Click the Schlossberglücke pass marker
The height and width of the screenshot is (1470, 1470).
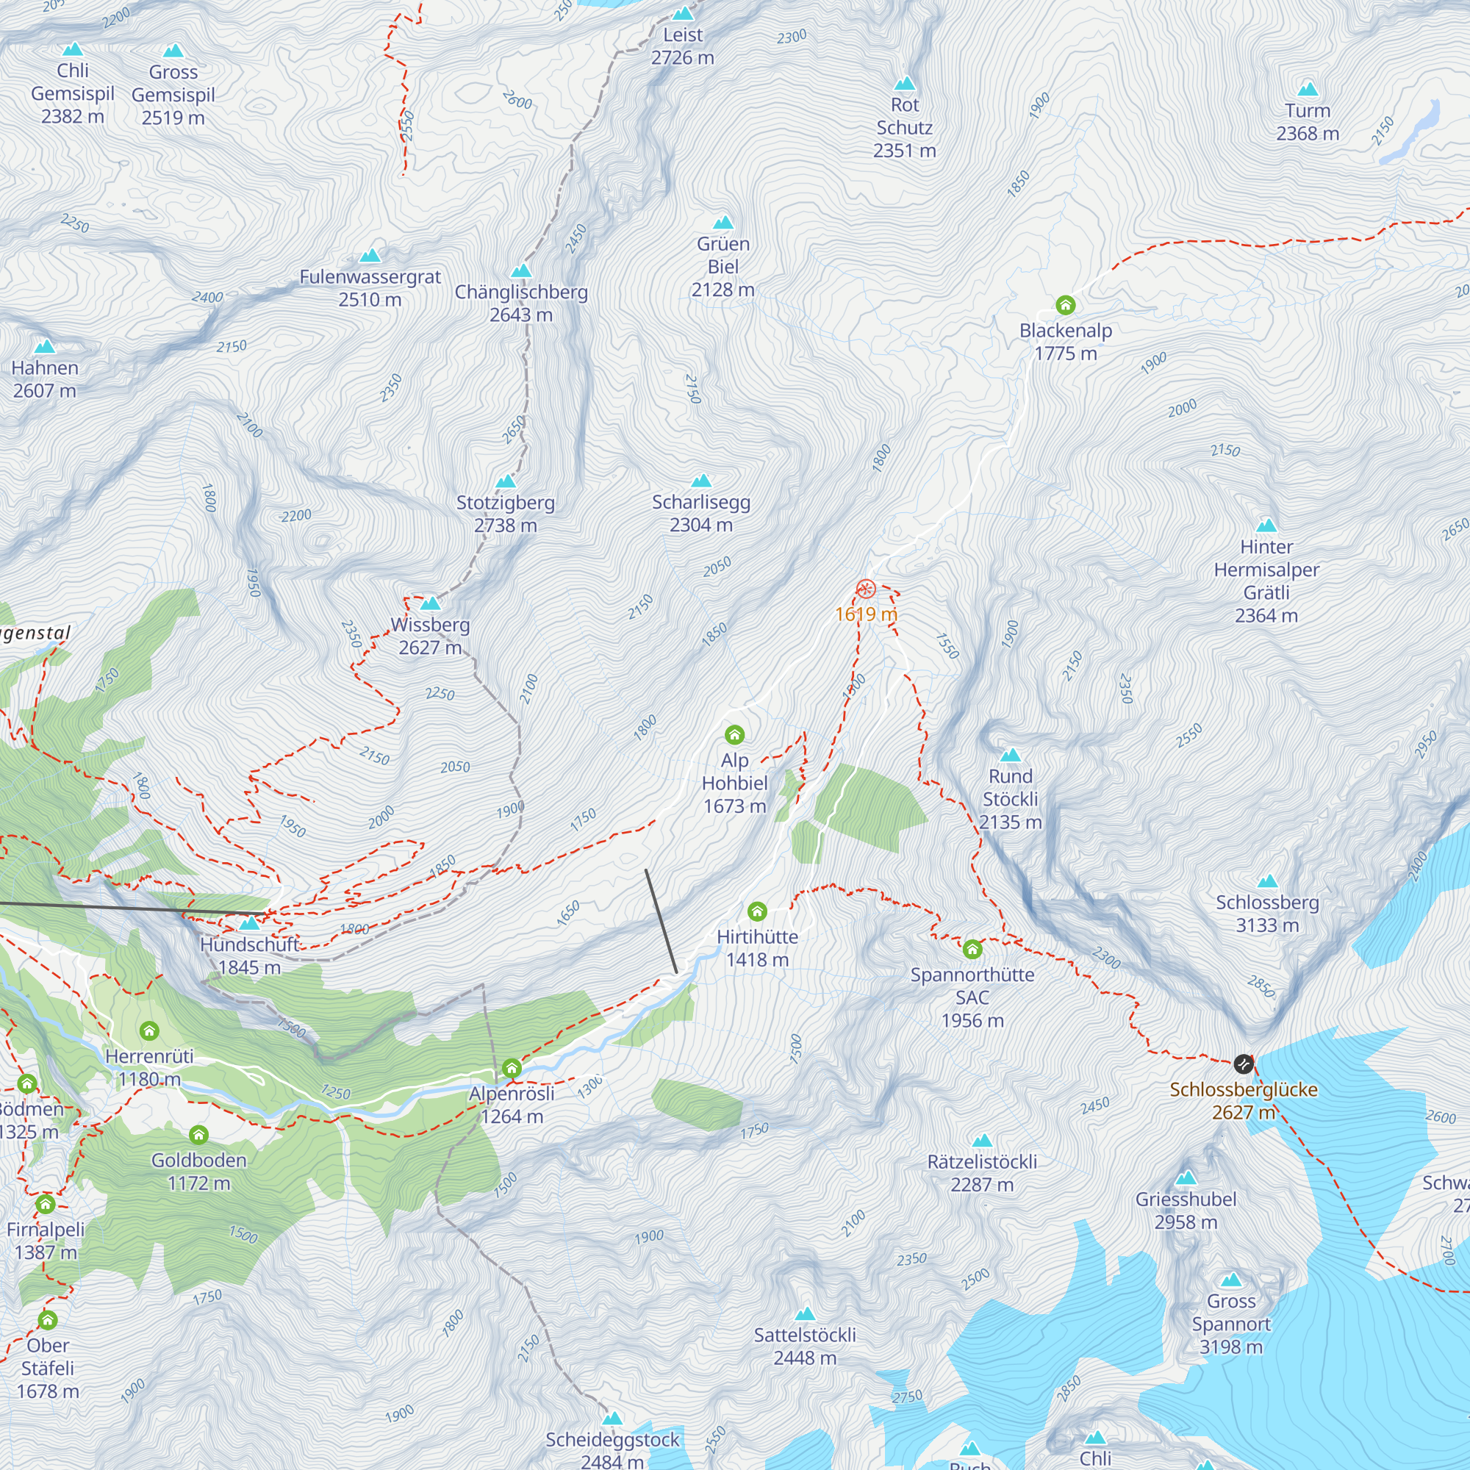[1244, 1063]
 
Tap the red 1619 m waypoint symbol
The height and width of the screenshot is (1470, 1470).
[866, 589]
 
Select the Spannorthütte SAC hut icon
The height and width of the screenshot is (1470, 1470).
[972, 949]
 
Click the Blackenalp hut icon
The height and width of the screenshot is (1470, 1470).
[1065, 305]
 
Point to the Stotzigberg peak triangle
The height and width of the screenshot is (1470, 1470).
[506, 481]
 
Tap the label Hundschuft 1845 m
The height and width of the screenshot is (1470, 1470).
[250, 955]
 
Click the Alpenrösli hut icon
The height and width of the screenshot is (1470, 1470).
[512, 1068]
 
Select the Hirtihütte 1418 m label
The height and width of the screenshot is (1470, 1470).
[757, 948]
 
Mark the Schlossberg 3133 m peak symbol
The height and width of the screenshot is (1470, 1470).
[1268, 882]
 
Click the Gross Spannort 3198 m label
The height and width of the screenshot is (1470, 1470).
[1231, 1324]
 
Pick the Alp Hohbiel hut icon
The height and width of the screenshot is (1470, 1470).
[734, 734]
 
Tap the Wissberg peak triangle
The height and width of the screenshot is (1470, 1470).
[431, 603]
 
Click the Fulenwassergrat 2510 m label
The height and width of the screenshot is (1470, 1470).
[370, 287]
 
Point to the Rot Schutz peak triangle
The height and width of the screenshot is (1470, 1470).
[905, 84]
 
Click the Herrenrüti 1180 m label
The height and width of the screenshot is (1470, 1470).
[149, 1067]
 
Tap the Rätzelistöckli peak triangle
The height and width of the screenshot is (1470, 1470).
[982, 1141]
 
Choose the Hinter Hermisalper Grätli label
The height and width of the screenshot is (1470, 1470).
[1266, 581]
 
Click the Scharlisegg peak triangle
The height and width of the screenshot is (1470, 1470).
[701, 481]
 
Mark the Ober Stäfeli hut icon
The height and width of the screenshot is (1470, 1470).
[47, 1319]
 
